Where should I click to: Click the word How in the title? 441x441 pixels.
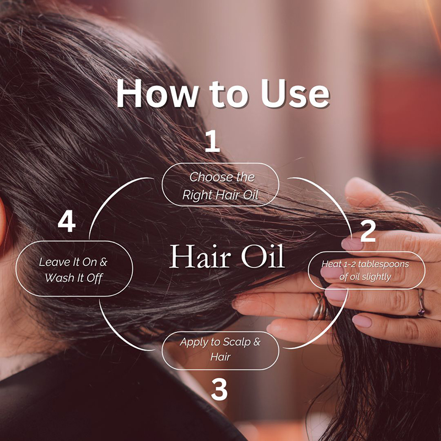click(x=157, y=94)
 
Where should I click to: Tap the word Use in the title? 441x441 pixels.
click(x=295, y=94)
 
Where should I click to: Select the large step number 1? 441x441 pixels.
click(x=212, y=141)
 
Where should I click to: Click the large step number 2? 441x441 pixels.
click(x=368, y=231)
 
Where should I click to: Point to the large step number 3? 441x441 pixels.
click(x=219, y=390)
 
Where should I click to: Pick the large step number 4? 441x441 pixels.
click(x=67, y=222)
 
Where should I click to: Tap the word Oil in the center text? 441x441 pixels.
click(x=263, y=257)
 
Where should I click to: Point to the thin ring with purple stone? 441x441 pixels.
click(x=421, y=303)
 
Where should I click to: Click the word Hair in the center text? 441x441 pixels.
click(x=200, y=257)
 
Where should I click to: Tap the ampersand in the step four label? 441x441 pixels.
click(x=104, y=262)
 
